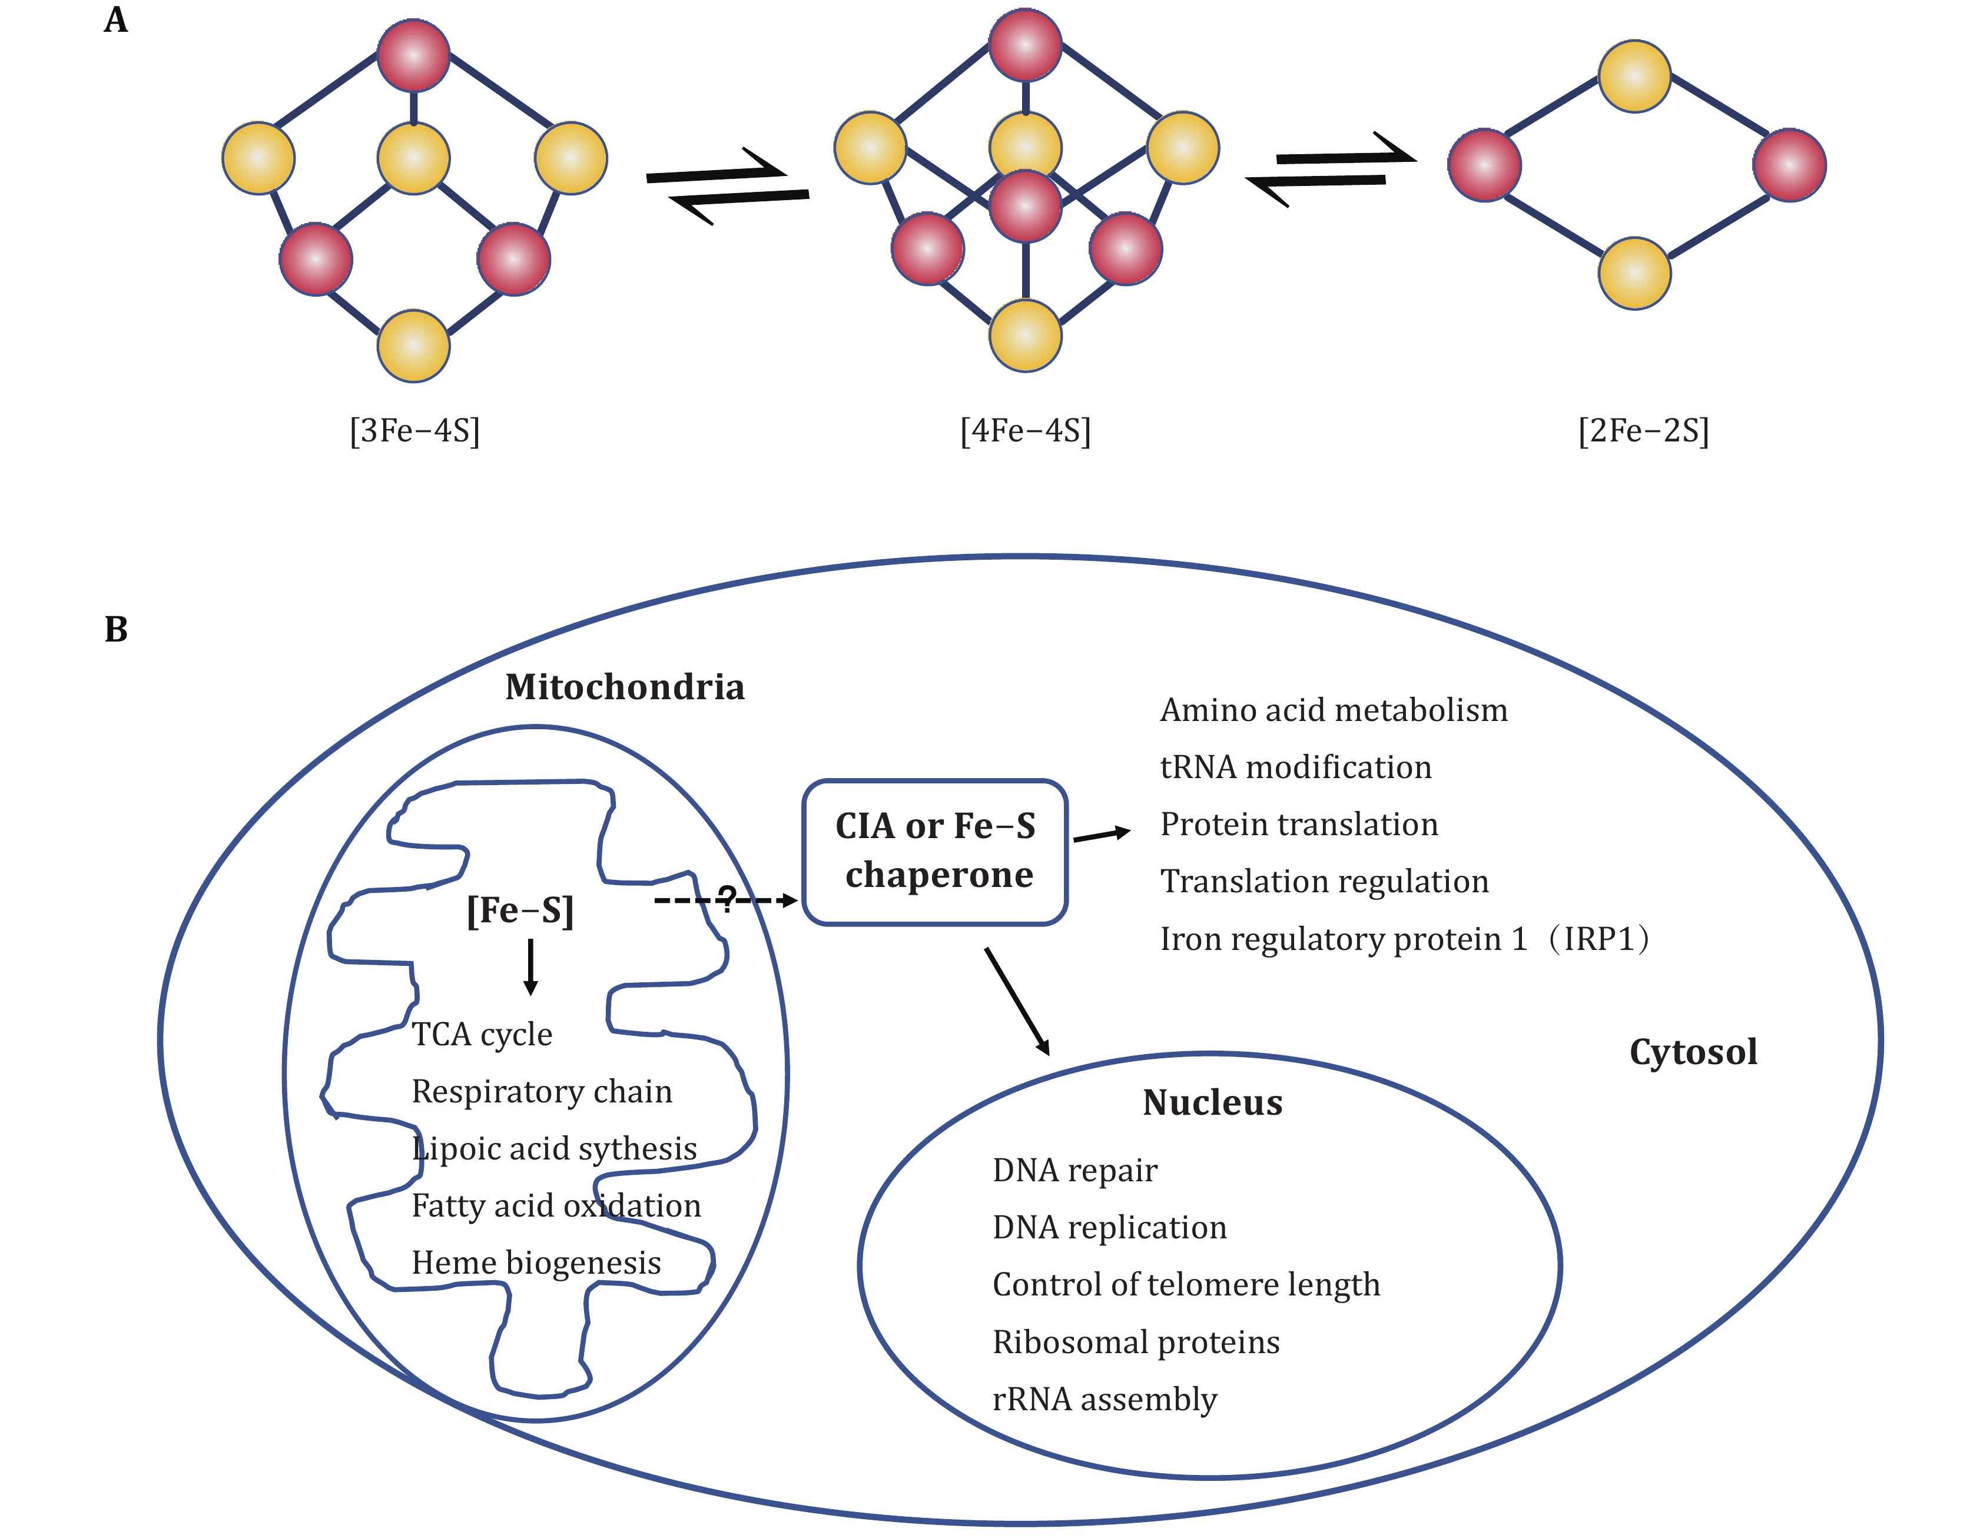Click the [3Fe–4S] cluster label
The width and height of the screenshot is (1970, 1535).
click(414, 431)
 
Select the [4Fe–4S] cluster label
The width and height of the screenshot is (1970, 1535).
click(1026, 431)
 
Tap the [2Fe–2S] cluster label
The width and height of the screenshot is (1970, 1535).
click(1643, 431)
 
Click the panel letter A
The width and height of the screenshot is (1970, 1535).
click(115, 20)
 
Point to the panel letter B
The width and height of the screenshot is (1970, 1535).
click(115, 630)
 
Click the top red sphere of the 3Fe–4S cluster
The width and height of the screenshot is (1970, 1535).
click(413, 56)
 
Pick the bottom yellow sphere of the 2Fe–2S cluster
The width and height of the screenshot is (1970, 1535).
click(1634, 273)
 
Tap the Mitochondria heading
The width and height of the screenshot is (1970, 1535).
click(624, 687)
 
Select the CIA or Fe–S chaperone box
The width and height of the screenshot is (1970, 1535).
click(936, 852)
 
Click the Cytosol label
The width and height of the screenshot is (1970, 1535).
click(1693, 1052)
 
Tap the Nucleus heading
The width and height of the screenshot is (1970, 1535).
click(1212, 1102)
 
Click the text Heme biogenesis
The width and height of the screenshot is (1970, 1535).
click(536, 1262)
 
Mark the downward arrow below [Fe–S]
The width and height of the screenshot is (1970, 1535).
click(530, 967)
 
